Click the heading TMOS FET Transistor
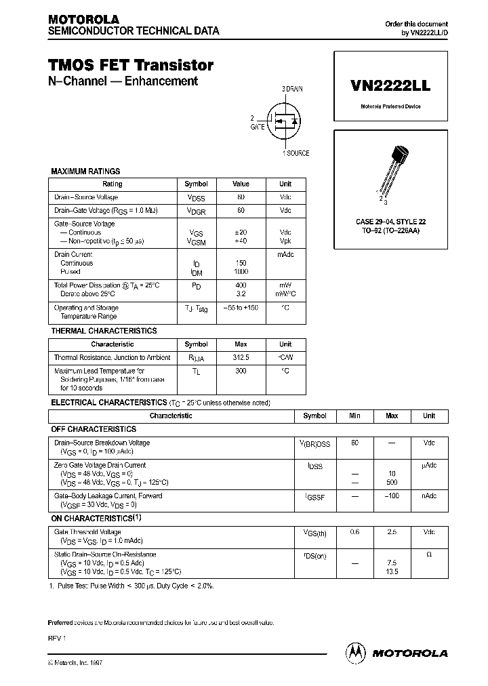[131, 65]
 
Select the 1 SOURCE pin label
[296, 153]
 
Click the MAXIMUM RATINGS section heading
[85, 171]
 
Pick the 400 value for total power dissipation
[241, 285]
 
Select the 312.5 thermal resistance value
[241, 357]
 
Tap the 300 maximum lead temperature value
[241, 371]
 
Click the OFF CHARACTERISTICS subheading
[94, 429]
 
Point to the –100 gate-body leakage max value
[391, 496]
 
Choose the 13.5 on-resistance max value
[391, 571]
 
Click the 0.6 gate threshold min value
[354, 533]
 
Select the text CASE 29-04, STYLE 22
[390, 222]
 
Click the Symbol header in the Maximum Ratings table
[197, 184]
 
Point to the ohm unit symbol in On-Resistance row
[429, 555]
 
